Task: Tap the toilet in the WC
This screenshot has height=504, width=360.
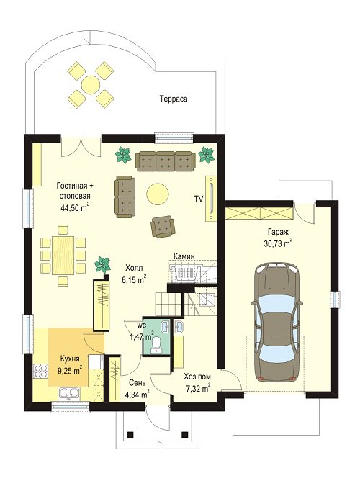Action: pyautogui.click(x=157, y=345)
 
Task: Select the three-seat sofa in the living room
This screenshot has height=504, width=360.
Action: pyautogui.click(x=166, y=161)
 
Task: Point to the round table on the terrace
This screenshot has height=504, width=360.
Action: pyautogui.click(x=91, y=85)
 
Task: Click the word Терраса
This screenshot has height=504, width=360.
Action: pyautogui.click(x=174, y=99)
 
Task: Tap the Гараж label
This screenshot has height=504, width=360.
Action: pyautogui.click(x=279, y=232)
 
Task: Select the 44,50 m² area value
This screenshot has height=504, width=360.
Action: pyautogui.click(x=75, y=207)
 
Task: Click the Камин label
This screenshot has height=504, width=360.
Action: pyautogui.click(x=184, y=256)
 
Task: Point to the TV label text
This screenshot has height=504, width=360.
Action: pyautogui.click(x=198, y=199)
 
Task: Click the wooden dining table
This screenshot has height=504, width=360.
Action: pyautogui.click(x=63, y=255)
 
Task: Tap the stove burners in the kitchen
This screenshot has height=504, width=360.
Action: pyautogui.click(x=40, y=371)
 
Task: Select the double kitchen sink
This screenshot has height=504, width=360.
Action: pyautogui.click(x=69, y=393)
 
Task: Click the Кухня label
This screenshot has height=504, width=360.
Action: pyautogui.click(x=70, y=359)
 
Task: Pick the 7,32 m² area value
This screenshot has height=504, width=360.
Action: pyautogui.click(x=198, y=388)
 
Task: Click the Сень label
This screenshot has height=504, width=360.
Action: pyautogui.click(x=138, y=382)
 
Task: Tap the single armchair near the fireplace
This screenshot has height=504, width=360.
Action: pyautogui.click(x=163, y=227)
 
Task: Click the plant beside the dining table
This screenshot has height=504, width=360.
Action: pyautogui.click(x=102, y=264)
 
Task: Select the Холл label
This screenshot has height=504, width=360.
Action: pyautogui.click(x=134, y=267)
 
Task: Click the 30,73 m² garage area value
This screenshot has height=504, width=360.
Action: pyautogui.click(x=278, y=243)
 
